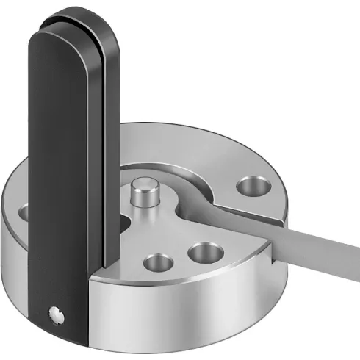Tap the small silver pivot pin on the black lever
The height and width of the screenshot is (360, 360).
tap(54, 314)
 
